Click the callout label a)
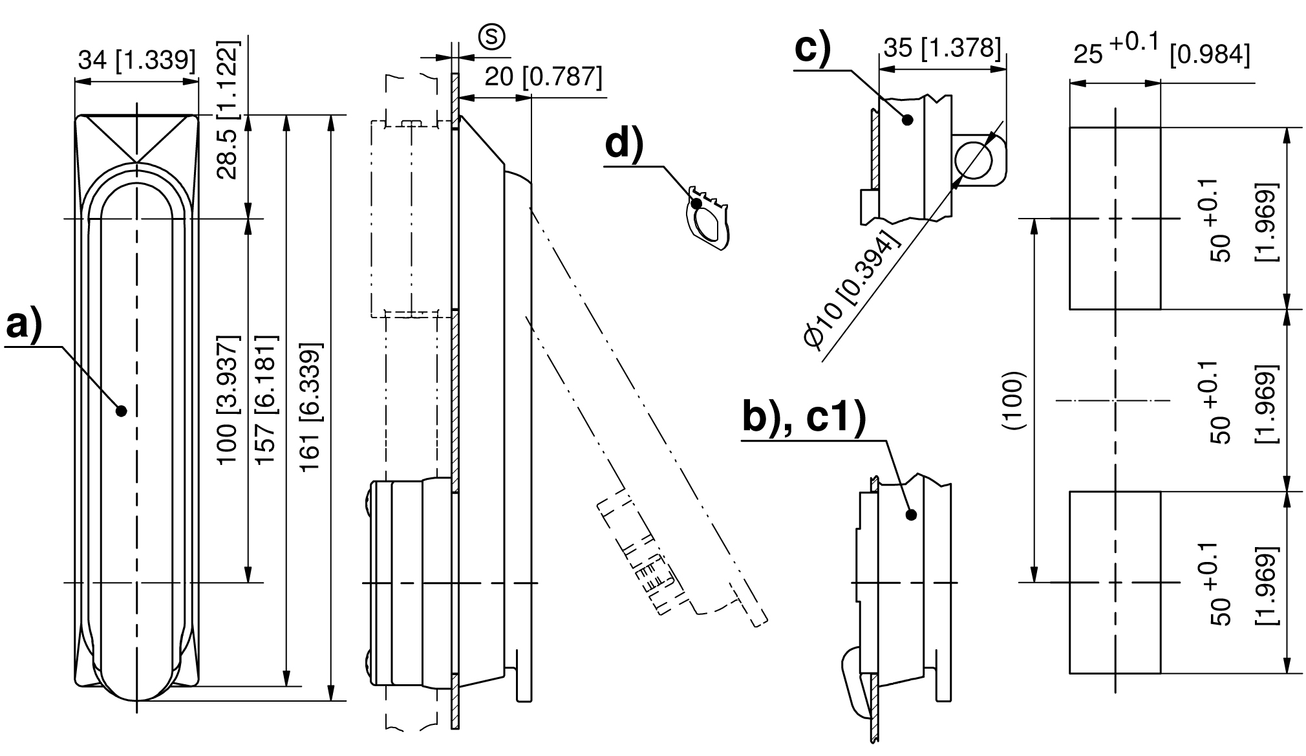pos(25,326)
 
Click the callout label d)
pos(625,144)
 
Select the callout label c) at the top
pos(812,47)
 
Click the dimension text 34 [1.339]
pos(136,60)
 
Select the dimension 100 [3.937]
pos(228,399)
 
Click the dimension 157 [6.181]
pos(266,399)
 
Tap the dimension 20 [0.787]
pos(543,77)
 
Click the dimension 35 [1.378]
pos(942,47)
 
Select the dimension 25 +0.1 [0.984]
pos(1161,51)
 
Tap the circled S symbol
pos(492,36)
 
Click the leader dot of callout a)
pos(121,410)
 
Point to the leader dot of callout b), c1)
pos(912,515)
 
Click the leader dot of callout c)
pos(908,119)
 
